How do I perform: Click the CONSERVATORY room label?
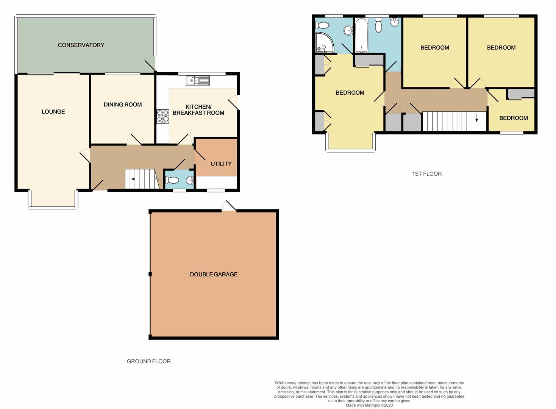point(81,45)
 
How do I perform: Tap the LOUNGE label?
point(53,112)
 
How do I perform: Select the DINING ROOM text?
point(123,105)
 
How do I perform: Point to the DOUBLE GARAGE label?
point(214,274)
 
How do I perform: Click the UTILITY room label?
point(221,164)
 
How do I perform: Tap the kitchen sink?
point(198,81)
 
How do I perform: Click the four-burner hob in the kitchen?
point(163,117)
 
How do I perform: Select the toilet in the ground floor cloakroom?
point(172,180)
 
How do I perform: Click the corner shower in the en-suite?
point(325,42)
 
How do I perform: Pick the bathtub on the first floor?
point(361,36)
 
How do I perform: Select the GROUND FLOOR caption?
point(149,361)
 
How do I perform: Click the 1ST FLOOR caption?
point(427,174)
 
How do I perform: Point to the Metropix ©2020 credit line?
point(369,405)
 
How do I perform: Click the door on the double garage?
point(229,206)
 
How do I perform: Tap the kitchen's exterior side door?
point(234,102)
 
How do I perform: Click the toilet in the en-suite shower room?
point(322,25)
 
